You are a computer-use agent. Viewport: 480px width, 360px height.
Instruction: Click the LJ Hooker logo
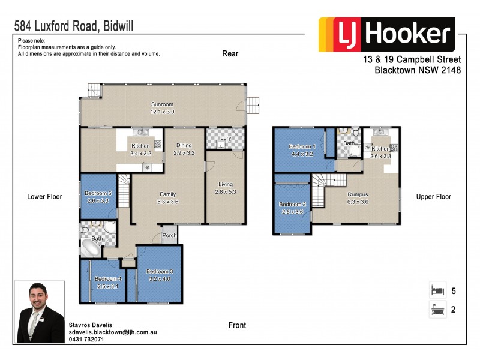tap(386, 35)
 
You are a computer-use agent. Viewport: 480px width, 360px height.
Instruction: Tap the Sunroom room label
tap(162, 104)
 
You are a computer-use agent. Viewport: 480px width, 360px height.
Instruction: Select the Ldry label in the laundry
tap(226, 139)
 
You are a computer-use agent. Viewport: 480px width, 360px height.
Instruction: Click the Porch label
tap(170, 235)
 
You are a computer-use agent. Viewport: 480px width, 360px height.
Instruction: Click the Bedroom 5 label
tap(97, 193)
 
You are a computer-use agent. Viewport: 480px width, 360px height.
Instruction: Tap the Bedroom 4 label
tap(108, 278)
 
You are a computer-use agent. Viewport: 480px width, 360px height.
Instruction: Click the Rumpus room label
tap(358, 194)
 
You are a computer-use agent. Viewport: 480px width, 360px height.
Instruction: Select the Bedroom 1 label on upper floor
tap(301, 146)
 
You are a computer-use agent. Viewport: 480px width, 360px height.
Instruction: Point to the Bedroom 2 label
tap(293, 205)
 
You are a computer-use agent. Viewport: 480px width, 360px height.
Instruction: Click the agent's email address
tap(113, 331)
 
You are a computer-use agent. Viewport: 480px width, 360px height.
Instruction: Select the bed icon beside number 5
tap(437, 290)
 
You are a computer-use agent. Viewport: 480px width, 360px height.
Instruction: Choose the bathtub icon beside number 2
tap(437, 310)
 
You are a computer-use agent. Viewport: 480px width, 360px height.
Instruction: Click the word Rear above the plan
tap(230, 53)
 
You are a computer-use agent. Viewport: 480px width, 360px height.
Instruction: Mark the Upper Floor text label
tap(434, 196)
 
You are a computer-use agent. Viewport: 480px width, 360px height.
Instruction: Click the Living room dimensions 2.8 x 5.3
tap(226, 192)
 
